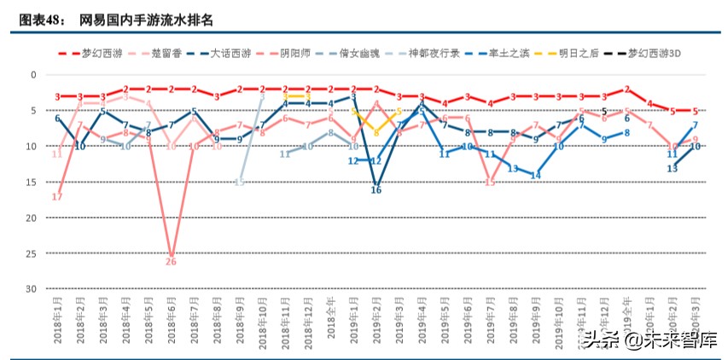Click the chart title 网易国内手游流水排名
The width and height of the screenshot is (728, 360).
pyautogui.click(x=134, y=18)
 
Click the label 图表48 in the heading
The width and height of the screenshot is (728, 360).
pyautogui.click(x=38, y=18)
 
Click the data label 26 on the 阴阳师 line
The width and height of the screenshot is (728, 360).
pyautogui.click(x=171, y=262)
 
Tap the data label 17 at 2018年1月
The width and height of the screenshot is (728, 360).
pyautogui.click(x=57, y=197)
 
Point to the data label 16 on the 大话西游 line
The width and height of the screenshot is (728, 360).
pyautogui.click(x=376, y=190)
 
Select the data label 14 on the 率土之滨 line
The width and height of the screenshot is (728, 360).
pyautogui.click(x=535, y=176)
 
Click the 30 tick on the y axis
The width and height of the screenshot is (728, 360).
pyautogui.click(x=32, y=290)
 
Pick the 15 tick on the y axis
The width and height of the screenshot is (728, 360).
pyautogui.click(x=32, y=183)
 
